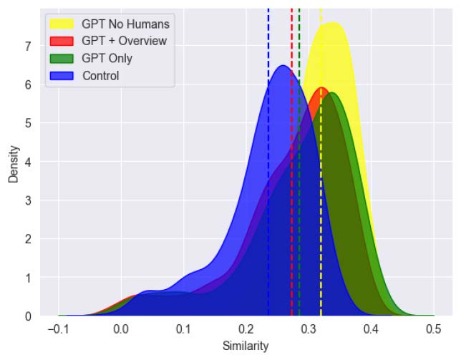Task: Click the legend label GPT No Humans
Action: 126,25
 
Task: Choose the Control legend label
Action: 101,75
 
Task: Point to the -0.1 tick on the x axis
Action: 58,329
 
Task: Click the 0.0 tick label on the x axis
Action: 121,329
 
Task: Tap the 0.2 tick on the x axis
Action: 246,329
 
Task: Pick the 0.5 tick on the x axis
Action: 434,329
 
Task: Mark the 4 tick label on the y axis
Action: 28,162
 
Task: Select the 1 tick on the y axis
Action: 28,278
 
